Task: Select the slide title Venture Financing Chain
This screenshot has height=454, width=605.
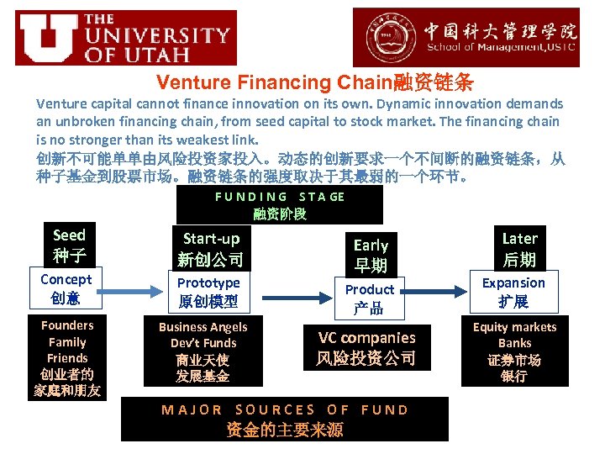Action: point(314,82)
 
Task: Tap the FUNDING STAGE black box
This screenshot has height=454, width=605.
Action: point(280,204)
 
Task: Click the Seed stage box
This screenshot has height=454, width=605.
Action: point(69,245)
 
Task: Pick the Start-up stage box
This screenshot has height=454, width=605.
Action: point(210,249)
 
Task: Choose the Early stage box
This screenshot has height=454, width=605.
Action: point(371,255)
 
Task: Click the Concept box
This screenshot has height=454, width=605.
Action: point(66,288)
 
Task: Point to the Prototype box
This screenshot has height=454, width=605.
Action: point(209,292)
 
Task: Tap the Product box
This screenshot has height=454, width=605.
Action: point(370,298)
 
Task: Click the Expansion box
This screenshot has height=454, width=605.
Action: point(513,292)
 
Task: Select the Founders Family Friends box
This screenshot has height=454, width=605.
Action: point(67,357)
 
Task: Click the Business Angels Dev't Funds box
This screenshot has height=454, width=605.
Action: point(203,351)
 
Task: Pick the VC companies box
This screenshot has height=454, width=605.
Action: point(366,347)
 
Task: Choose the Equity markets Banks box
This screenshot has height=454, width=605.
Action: point(514,351)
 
